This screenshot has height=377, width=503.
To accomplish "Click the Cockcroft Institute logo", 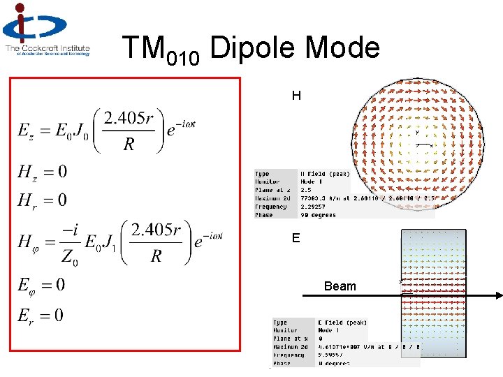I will click(47, 29).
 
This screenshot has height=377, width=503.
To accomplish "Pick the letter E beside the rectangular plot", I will click(296, 239).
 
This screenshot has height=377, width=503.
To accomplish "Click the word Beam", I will click(340, 286).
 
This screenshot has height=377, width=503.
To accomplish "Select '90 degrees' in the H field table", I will click(318, 215).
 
